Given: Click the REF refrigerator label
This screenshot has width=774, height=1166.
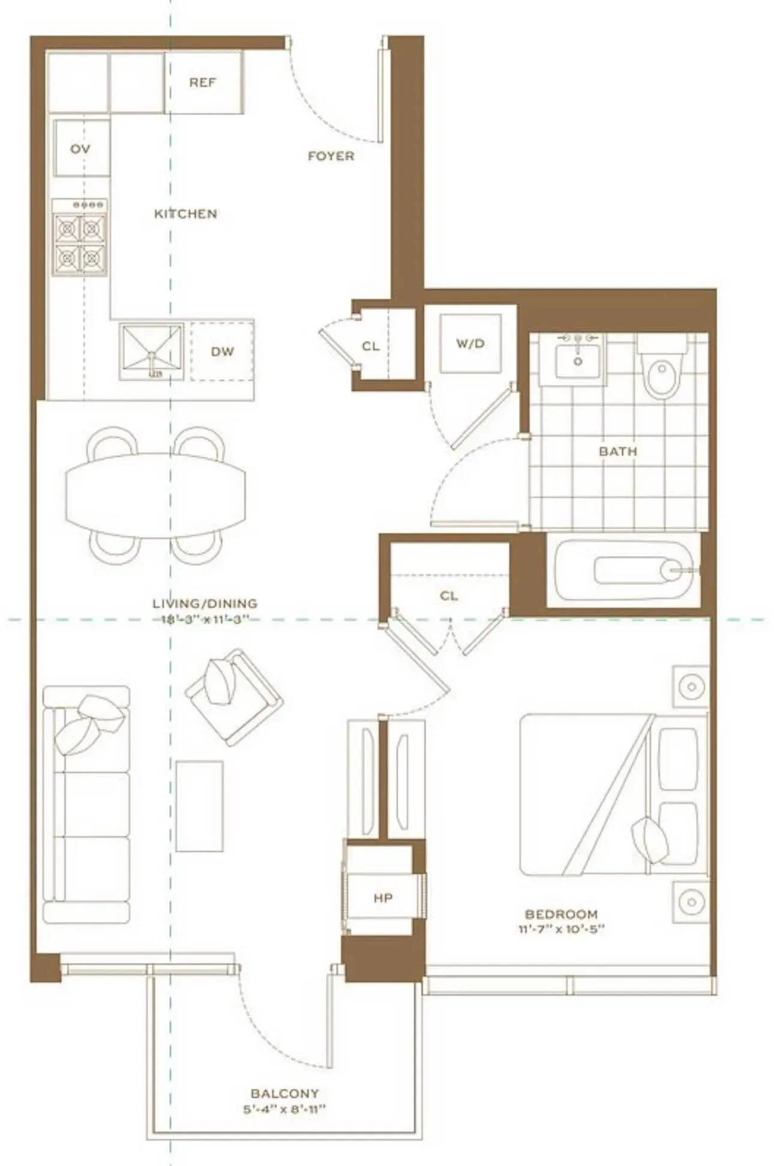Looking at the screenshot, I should (203, 82).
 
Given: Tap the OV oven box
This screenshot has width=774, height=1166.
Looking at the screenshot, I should (81, 148).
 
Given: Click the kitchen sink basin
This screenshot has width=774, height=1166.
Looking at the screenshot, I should (151, 351).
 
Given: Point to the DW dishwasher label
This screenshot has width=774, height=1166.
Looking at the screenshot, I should (222, 352).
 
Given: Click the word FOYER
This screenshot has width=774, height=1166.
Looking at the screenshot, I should (331, 156).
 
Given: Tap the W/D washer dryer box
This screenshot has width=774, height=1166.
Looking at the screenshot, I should (470, 343).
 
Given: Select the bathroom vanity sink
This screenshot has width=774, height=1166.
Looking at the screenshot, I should (577, 359).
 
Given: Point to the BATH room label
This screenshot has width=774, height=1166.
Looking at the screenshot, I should (617, 451).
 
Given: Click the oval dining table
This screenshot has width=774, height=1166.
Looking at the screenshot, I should (155, 495).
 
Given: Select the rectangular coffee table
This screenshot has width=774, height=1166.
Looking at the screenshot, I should (200, 805).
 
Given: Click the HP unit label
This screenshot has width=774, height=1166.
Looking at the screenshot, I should (383, 898).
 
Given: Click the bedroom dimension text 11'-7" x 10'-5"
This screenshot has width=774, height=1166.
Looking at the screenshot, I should (561, 930).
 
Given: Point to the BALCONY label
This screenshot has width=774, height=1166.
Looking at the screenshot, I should (284, 1093).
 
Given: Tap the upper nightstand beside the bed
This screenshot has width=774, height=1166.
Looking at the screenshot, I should (691, 686).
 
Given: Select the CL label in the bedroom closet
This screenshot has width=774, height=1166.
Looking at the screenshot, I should (449, 596).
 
